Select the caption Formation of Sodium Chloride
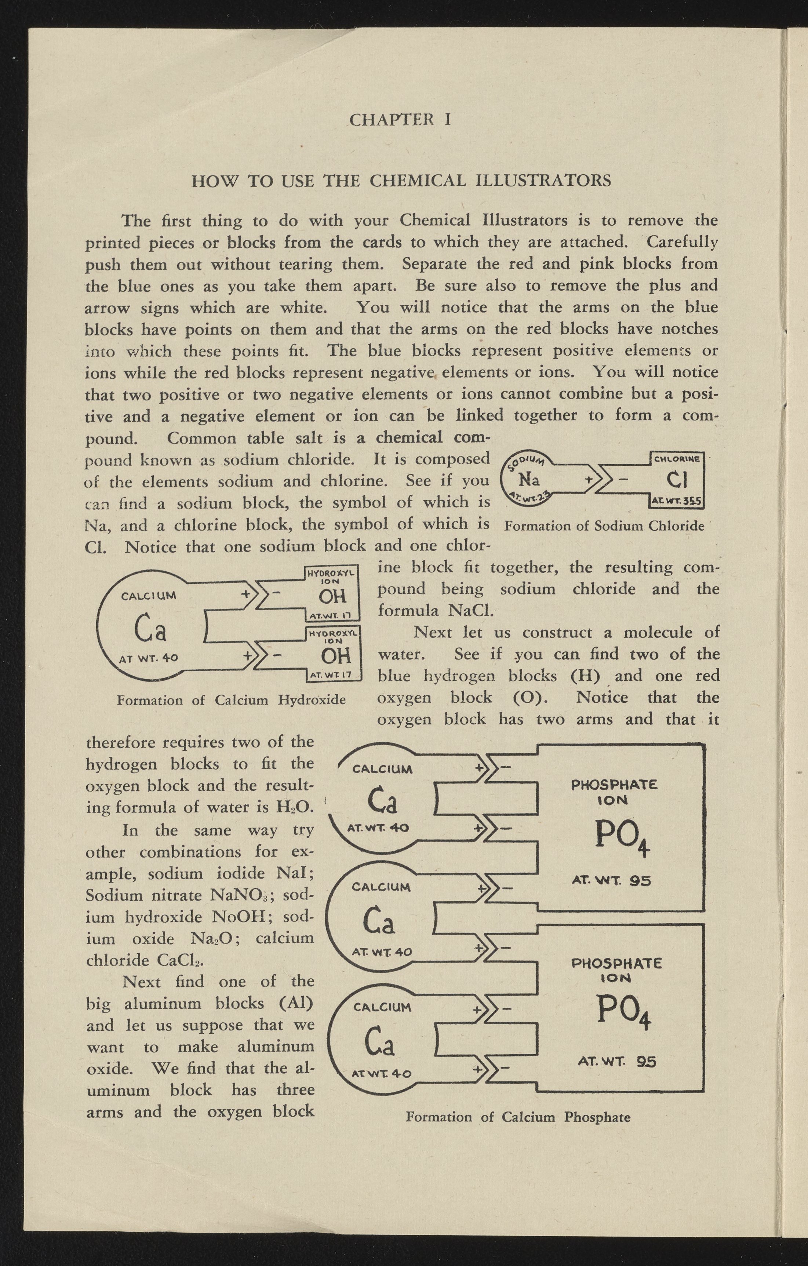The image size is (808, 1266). (604, 526)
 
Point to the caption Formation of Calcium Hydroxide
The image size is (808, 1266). (231, 700)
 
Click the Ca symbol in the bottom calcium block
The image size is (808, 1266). (379, 1043)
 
